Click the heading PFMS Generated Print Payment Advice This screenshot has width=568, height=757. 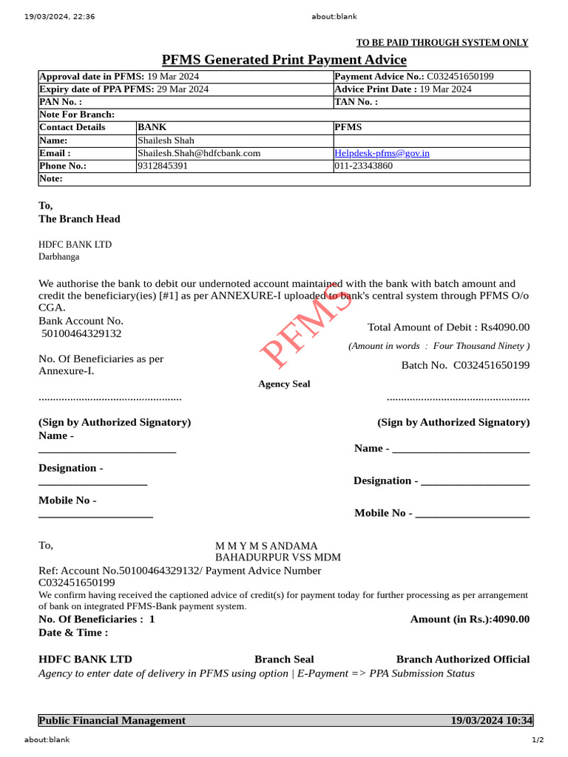pos(284,60)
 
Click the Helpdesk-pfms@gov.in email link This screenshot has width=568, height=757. pos(382,153)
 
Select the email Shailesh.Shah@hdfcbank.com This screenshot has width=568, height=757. pos(199,153)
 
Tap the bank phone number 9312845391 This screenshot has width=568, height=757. pos(163,166)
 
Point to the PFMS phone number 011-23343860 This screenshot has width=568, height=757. pos(363,166)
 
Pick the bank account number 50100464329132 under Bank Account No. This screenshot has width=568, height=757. pos(81,333)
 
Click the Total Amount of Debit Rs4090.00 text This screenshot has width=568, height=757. pos(448,327)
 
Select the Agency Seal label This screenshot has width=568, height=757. pos(284,384)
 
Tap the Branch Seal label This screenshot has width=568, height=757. pos(284,659)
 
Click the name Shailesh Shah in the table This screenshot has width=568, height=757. pos(166,140)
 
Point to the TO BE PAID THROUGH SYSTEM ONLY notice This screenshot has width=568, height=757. pos(442,43)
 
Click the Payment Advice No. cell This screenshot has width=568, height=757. pos(414,76)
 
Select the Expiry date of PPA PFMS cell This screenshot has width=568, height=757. pos(124,89)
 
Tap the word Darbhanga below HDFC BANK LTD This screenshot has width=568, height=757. pos(59,257)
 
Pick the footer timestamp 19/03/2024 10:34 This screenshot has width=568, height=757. pos(491,721)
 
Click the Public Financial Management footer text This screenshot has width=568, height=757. pos(112,721)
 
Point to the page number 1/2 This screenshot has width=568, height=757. pos(538,740)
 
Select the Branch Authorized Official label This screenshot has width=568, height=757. pos(463,659)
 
